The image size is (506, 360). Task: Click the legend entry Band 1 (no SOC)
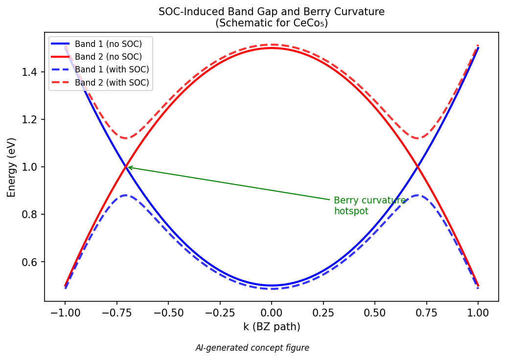point(108,44)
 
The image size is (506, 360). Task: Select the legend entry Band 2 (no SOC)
point(108,57)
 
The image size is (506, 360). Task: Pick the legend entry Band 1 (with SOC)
point(112,69)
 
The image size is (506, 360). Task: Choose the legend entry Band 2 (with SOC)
point(112,83)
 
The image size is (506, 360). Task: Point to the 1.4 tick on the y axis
point(32,72)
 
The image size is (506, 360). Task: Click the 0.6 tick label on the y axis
point(32,262)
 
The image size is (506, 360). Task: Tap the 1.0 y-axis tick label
point(32,167)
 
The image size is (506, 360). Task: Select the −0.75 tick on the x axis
point(116,312)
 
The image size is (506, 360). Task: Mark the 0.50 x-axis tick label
point(375,312)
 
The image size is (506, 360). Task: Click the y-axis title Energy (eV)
point(11,167)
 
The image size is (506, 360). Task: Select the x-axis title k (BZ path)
point(272,326)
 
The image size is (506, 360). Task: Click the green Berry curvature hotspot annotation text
point(369,206)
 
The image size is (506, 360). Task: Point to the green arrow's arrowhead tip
point(128,167)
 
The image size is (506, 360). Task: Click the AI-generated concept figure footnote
point(252,348)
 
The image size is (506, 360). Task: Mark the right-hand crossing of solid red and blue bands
point(417,167)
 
